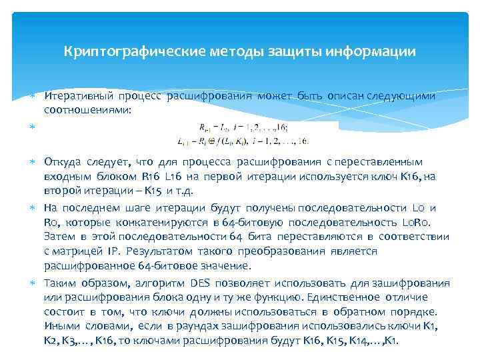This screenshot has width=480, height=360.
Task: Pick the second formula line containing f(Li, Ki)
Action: point(243,141)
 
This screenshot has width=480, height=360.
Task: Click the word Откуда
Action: point(62,162)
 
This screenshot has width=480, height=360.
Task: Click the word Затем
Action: point(59,237)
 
